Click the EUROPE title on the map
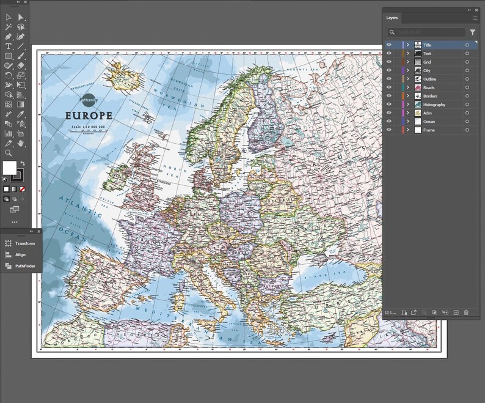[x=89, y=116]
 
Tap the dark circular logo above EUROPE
[x=89, y=98]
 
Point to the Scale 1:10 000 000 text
[x=89, y=127]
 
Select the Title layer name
[x=428, y=45]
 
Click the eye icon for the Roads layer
[x=389, y=87]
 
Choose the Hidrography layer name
[x=434, y=105]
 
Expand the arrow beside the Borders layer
[x=408, y=96]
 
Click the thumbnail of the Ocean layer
[x=418, y=122]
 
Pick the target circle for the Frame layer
[x=467, y=130]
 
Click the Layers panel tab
[x=392, y=18]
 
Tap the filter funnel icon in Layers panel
[x=472, y=32]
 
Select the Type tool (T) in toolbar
[x=9, y=46]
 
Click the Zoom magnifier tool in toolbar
[x=9, y=152]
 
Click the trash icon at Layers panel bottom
[x=466, y=312]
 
